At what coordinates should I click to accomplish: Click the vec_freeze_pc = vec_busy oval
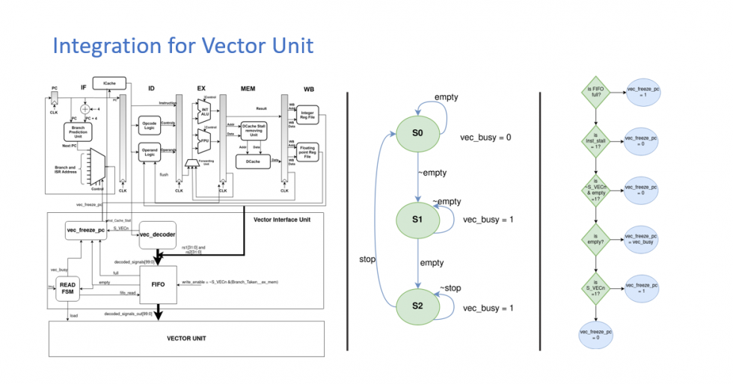[x=645, y=237]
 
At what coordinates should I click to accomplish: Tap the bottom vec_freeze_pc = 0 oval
[x=596, y=334]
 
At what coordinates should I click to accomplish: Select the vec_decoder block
[x=157, y=234]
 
